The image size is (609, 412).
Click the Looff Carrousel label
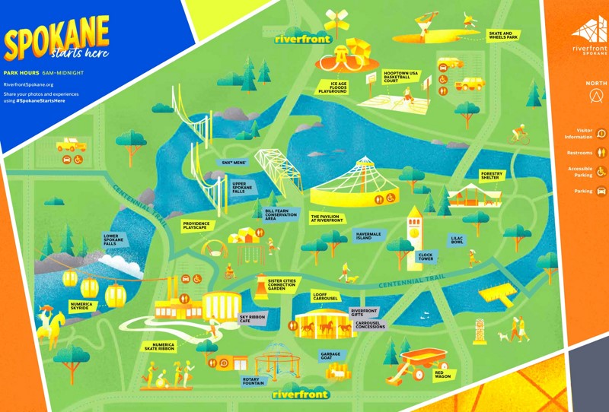click(325, 296)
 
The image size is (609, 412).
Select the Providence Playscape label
click(199, 226)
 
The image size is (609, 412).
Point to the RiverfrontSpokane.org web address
click(28, 84)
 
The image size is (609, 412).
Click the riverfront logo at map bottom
click(300, 395)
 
